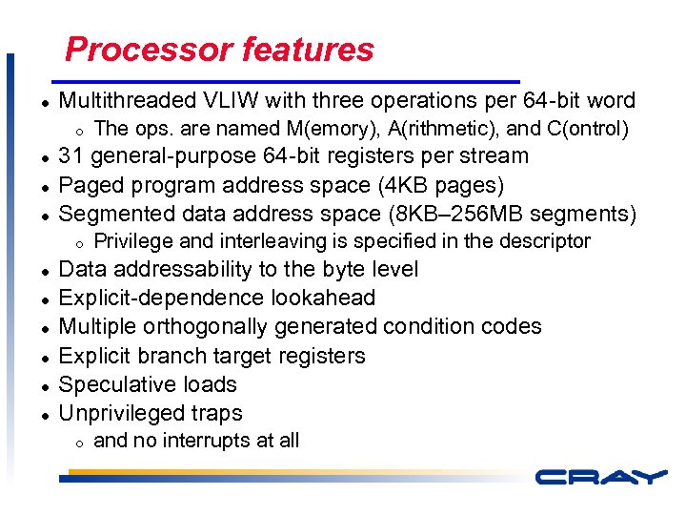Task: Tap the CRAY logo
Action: click(599, 476)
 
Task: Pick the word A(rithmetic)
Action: click(444, 128)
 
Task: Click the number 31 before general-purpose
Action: click(72, 155)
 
